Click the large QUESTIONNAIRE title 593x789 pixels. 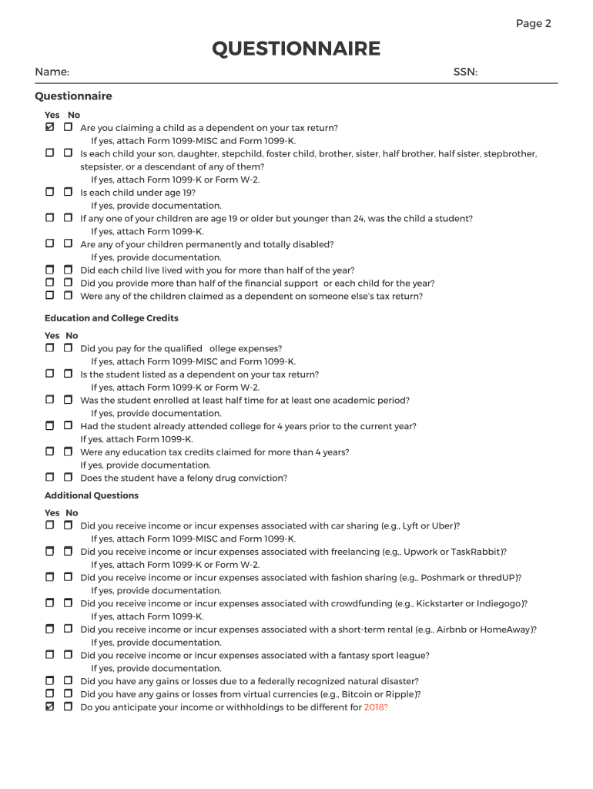(296, 49)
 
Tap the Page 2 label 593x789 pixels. (533, 23)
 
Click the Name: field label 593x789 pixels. (52, 72)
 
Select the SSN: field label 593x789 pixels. (465, 72)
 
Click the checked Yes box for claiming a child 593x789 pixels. (50, 126)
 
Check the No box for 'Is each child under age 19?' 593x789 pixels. (68, 191)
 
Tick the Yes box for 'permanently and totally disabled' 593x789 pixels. (50, 243)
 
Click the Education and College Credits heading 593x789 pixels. (112, 318)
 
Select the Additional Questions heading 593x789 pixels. (92, 495)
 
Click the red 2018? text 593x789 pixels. (376, 707)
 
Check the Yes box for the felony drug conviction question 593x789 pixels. (50, 477)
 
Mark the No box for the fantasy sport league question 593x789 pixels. (68, 654)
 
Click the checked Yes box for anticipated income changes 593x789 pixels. (50, 706)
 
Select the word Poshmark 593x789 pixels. (423, 578)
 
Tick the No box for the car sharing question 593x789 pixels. (68, 525)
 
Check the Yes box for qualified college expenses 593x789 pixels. (50, 347)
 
